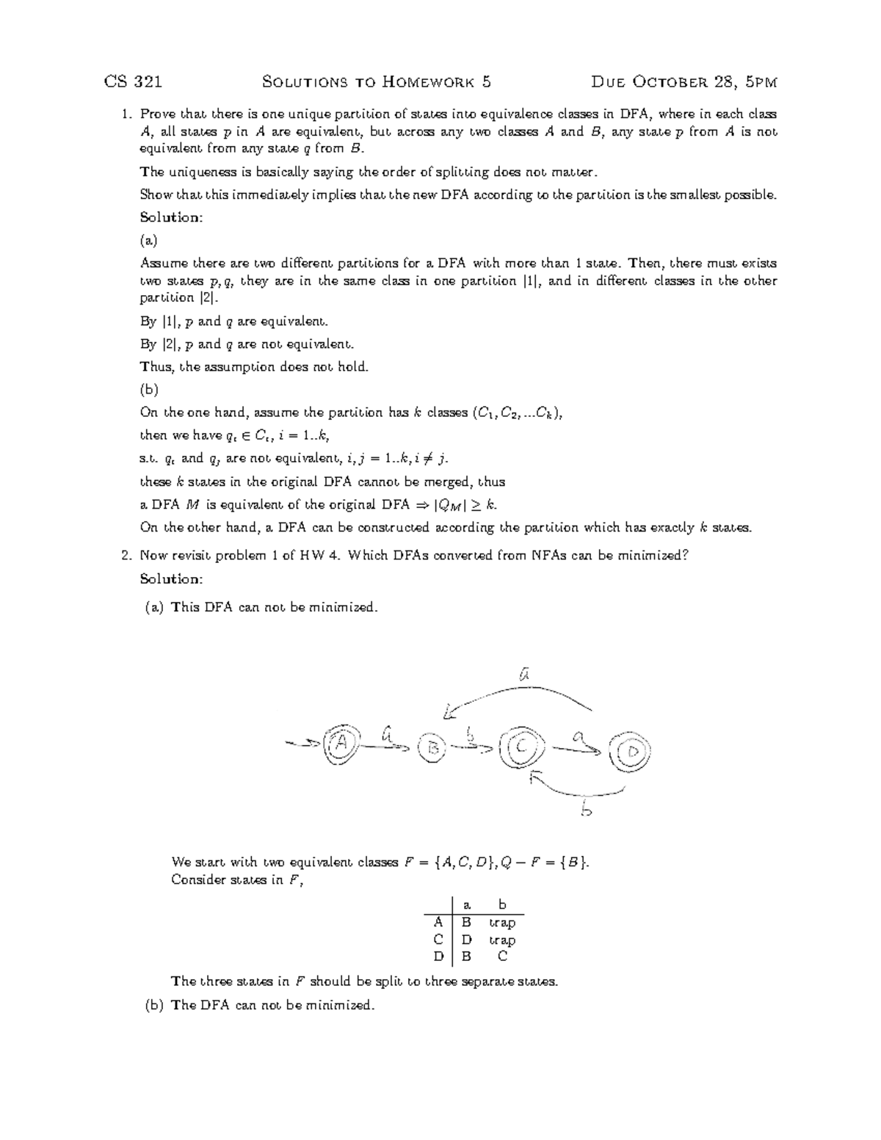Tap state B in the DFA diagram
point(433,748)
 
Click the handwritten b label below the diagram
point(585,810)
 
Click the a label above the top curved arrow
point(523,673)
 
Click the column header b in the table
point(502,904)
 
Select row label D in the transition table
point(438,956)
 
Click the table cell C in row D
point(502,956)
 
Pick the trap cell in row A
point(502,923)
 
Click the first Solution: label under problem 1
point(170,217)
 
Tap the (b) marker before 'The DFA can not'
point(153,1005)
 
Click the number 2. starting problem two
point(126,555)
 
